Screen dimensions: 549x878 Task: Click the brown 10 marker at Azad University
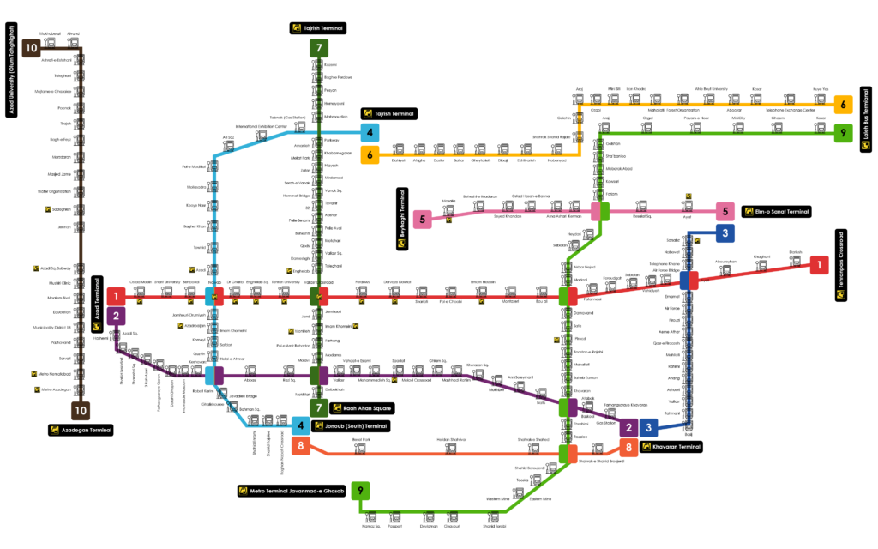[31, 48]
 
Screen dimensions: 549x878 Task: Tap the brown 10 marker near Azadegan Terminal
[80, 411]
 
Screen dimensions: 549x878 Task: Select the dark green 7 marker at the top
[319, 48]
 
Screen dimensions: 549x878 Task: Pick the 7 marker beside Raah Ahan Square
[319, 407]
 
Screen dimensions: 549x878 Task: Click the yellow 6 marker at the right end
[843, 105]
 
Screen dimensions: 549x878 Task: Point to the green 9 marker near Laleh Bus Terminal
[843, 133]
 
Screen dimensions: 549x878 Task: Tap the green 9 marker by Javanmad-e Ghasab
[361, 491]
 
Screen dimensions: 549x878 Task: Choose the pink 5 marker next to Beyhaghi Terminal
[422, 220]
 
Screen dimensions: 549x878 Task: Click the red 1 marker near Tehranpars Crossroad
[819, 265]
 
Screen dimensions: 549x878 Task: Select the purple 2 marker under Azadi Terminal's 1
[117, 316]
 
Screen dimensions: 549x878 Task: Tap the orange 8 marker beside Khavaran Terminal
[628, 448]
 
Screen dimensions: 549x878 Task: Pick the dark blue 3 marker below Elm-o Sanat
[725, 233]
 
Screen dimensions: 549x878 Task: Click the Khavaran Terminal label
[676, 447]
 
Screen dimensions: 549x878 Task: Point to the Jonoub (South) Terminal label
[357, 425]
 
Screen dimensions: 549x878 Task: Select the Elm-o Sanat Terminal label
[781, 211]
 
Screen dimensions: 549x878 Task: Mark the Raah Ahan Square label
[367, 408]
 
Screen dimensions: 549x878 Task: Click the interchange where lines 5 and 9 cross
[600, 211]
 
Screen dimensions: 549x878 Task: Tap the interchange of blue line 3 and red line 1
[689, 281]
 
